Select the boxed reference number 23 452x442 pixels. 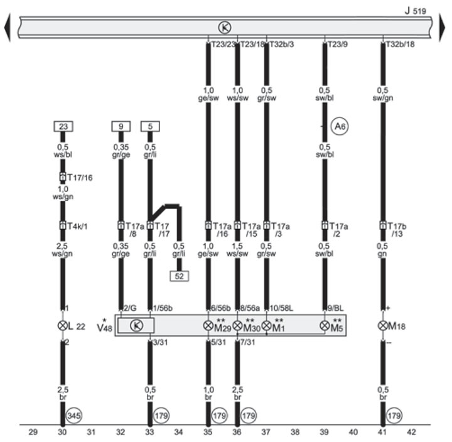[x=63, y=126]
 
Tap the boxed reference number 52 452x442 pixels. [x=180, y=275]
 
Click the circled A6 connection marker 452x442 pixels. [x=340, y=127]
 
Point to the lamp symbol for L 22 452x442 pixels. [x=62, y=326]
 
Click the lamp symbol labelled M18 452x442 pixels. [x=382, y=326]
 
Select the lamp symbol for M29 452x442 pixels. [x=208, y=326]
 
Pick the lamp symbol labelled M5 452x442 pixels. [x=325, y=326]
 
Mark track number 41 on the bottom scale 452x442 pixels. [x=382, y=432]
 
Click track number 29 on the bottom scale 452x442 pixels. [x=33, y=432]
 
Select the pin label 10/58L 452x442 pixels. [x=281, y=308]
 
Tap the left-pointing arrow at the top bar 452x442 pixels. [x=7, y=27]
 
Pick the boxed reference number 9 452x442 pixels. [x=121, y=126]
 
